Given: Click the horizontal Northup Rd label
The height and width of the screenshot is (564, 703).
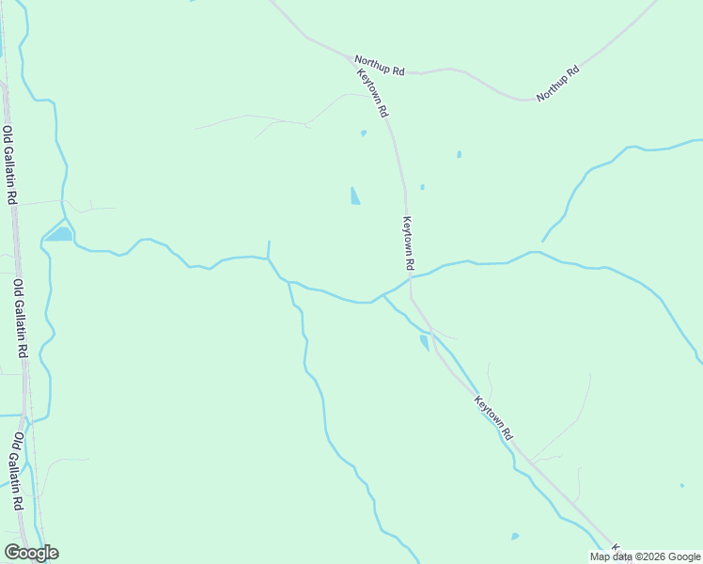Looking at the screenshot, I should (379, 70).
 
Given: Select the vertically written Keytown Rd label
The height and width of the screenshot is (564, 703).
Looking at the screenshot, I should (409, 242).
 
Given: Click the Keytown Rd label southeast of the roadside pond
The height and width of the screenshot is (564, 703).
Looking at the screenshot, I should (493, 418).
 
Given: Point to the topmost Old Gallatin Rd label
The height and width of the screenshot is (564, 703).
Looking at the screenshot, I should (9, 165).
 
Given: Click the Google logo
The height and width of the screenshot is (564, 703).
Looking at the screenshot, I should (31, 553).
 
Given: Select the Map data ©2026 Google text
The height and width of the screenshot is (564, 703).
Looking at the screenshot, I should (646, 556).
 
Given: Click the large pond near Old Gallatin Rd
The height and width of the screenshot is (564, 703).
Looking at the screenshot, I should (60, 234).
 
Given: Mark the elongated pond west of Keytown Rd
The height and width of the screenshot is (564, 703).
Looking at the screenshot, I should (355, 196).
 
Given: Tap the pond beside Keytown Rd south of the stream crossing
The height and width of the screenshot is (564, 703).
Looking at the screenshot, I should (424, 342).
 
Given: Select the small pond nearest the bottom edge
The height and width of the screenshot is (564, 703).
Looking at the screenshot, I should (515, 537).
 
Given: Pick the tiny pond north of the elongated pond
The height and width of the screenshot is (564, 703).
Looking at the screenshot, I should (364, 133).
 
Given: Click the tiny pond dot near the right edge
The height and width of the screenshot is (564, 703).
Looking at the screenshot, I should (681, 486).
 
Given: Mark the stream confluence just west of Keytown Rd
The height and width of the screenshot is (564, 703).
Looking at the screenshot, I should (383, 294).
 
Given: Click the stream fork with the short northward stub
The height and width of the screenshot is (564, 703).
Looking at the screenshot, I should (269, 258).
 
